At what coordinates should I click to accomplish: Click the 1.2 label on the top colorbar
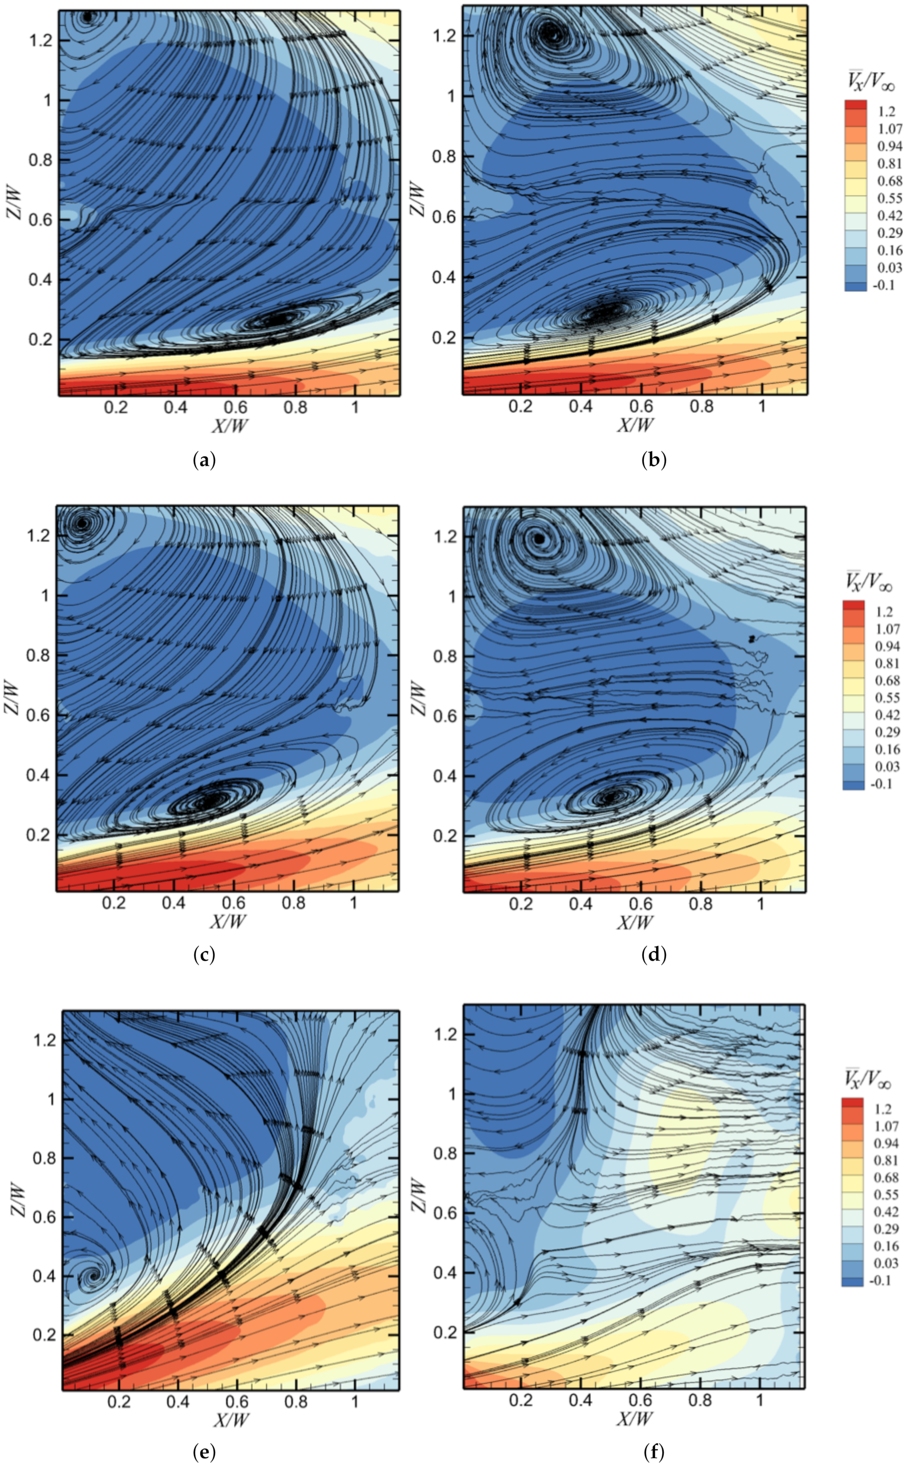pos(885,111)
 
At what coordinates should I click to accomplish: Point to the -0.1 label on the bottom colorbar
pos(880,1281)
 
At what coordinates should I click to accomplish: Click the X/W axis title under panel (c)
pos(229,921)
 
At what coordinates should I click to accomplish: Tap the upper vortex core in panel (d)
pos(539,539)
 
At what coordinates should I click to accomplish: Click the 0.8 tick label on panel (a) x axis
pos(295,408)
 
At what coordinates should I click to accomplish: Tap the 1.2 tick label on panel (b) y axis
pos(445,35)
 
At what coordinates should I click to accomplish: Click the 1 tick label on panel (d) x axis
pos(760,903)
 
